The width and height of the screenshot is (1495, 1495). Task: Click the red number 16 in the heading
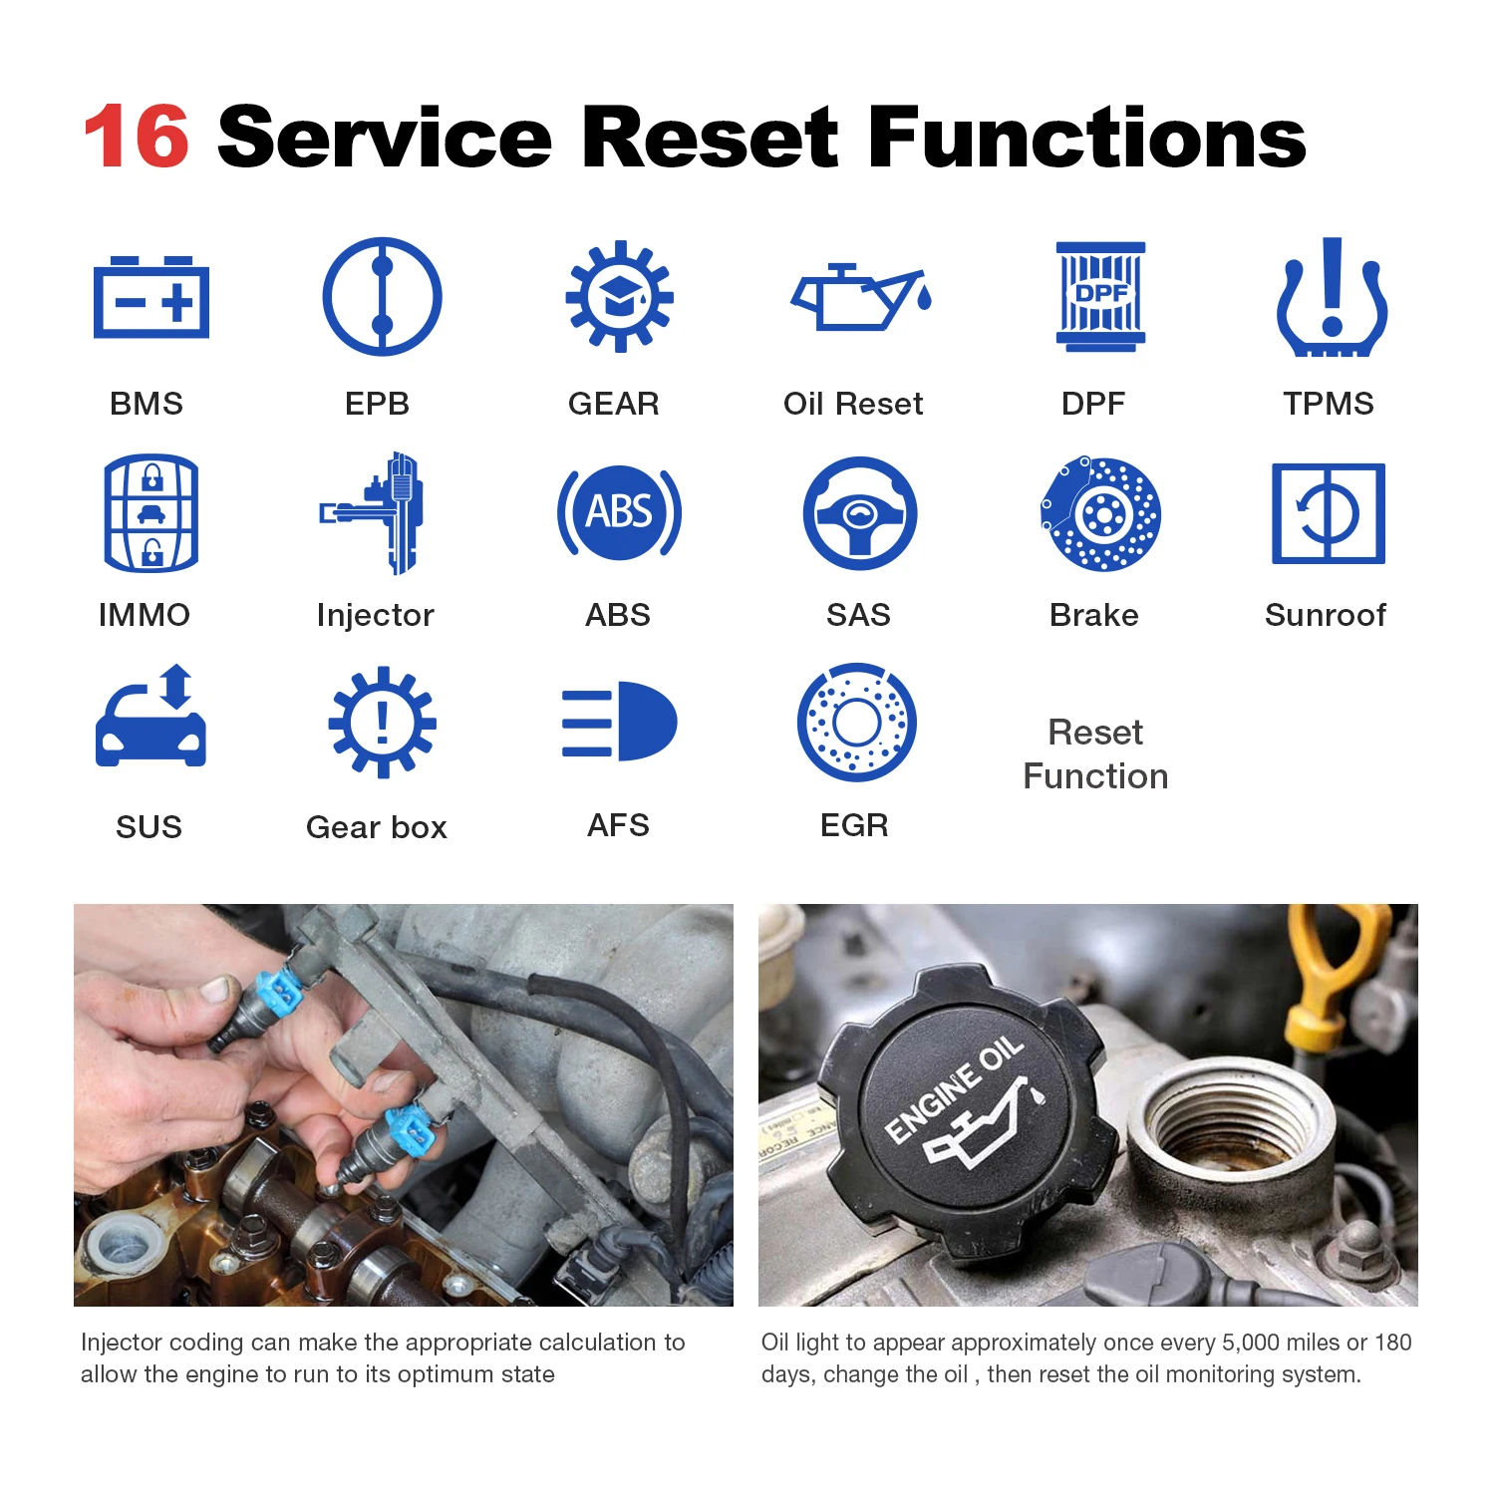[x=137, y=138]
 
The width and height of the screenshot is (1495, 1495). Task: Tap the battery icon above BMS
[x=151, y=298]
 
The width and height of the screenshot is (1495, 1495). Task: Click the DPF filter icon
[x=1100, y=296]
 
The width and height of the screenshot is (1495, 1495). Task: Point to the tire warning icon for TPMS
[x=1332, y=298]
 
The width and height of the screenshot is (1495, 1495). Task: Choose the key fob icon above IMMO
[x=151, y=513]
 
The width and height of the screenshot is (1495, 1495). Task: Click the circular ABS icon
[x=619, y=512]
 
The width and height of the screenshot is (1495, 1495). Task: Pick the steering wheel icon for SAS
[x=859, y=513]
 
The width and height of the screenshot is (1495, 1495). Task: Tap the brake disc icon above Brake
[x=1100, y=514]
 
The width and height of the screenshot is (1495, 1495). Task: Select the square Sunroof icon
[x=1328, y=513]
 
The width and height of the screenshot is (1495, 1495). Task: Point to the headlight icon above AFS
[x=620, y=722]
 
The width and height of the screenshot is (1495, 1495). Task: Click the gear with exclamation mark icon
[x=382, y=722]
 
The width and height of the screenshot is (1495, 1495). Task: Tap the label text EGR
[x=854, y=825]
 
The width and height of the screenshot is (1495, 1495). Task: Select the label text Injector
[x=375, y=615]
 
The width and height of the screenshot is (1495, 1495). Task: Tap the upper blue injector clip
[x=280, y=991]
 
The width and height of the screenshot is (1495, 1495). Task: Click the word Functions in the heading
[x=1086, y=138]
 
